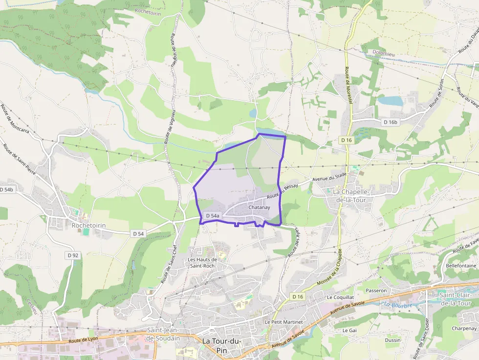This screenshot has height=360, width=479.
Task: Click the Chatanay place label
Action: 259,208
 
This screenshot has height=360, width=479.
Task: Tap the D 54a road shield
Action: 213,215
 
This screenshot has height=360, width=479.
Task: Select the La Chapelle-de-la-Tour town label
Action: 353,195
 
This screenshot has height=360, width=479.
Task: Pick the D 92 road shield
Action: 73,255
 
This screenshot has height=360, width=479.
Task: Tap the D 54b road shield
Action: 6,189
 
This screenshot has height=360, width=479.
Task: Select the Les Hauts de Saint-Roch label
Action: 202,263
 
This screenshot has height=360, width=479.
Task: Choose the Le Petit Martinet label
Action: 283,322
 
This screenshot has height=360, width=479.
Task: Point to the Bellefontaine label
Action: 460,265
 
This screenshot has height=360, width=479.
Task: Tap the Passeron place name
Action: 376,291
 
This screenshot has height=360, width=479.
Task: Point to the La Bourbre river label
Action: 398,305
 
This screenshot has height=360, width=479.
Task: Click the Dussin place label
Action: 392,340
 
